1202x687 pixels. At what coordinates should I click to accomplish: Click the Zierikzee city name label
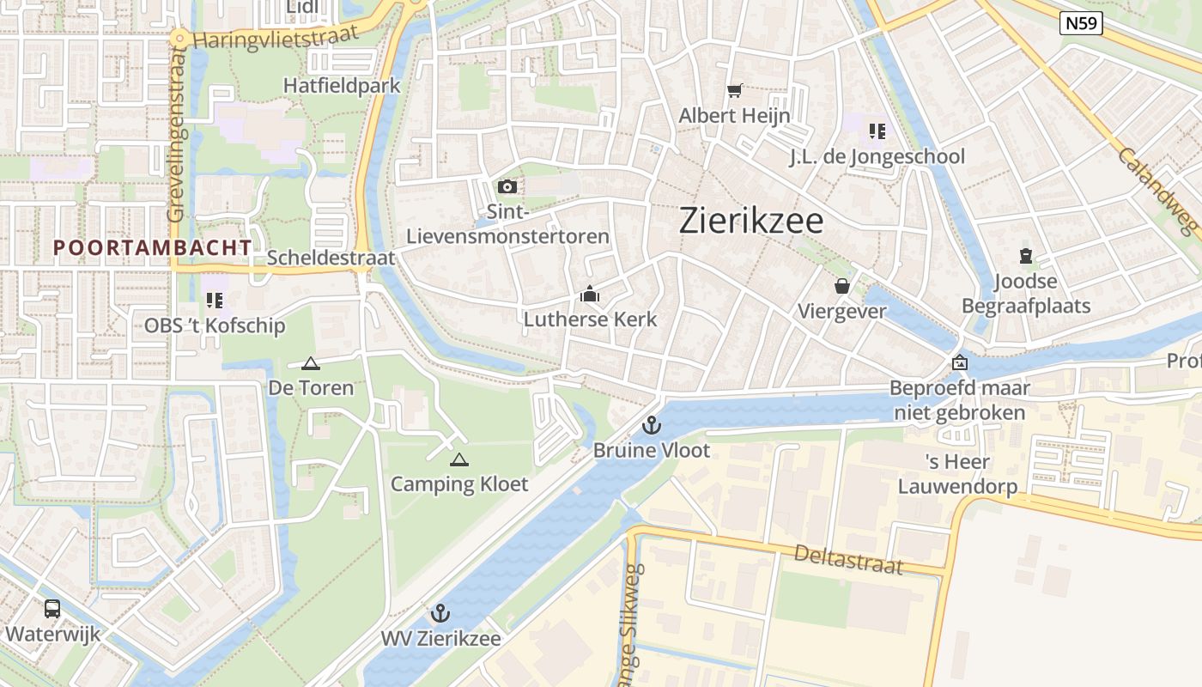coord(751,221)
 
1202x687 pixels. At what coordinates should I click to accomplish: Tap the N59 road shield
coord(1081,23)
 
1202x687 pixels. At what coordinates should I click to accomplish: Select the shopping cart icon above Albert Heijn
coord(734,90)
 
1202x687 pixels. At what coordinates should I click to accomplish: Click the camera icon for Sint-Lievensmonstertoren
coord(507,186)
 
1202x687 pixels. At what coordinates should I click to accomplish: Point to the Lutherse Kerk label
coord(590,319)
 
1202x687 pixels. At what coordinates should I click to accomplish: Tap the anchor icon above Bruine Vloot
coord(652,425)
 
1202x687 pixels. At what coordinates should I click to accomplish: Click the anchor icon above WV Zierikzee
coord(440,613)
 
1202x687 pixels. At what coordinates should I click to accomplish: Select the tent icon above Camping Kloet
coord(459,459)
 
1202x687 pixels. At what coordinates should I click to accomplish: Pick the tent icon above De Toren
coord(311,363)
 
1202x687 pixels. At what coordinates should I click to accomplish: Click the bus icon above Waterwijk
coord(52,609)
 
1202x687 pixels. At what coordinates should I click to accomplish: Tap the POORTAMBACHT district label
coord(153,247)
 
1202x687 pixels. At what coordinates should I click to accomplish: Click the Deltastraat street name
coord(848,559)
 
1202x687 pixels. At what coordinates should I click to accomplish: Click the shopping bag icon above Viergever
coord(842,286)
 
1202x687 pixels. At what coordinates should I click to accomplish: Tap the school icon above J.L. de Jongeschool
coord(877,131)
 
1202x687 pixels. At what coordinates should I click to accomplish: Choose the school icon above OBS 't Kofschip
coord(215,301)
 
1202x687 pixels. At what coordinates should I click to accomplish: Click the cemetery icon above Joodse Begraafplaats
coord(1025,256)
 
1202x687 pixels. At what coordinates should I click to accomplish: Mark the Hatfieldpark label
coord(342,86)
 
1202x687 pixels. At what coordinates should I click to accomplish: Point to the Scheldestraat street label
coord(331,258)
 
